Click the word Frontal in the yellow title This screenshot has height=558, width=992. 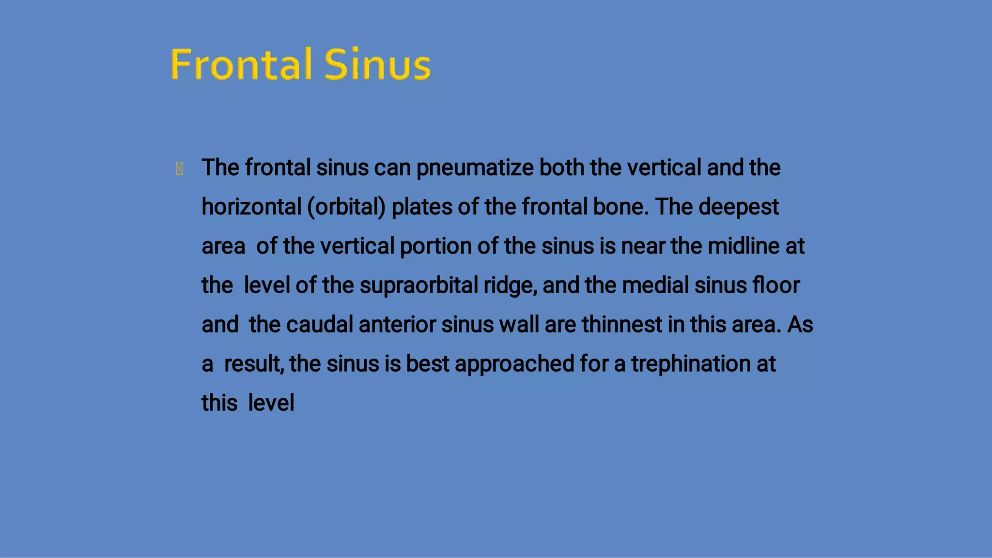[241, 64]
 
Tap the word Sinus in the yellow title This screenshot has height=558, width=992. [377, 64]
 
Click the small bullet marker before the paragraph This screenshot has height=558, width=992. [179, 169]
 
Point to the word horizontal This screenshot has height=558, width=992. [251, 207]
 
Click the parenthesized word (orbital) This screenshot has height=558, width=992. [346, 207]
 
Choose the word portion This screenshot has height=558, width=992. [435, 246]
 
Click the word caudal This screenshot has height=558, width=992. [319, 325]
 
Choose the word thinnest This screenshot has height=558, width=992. [621, 325]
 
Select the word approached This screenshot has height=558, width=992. [514, 364]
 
